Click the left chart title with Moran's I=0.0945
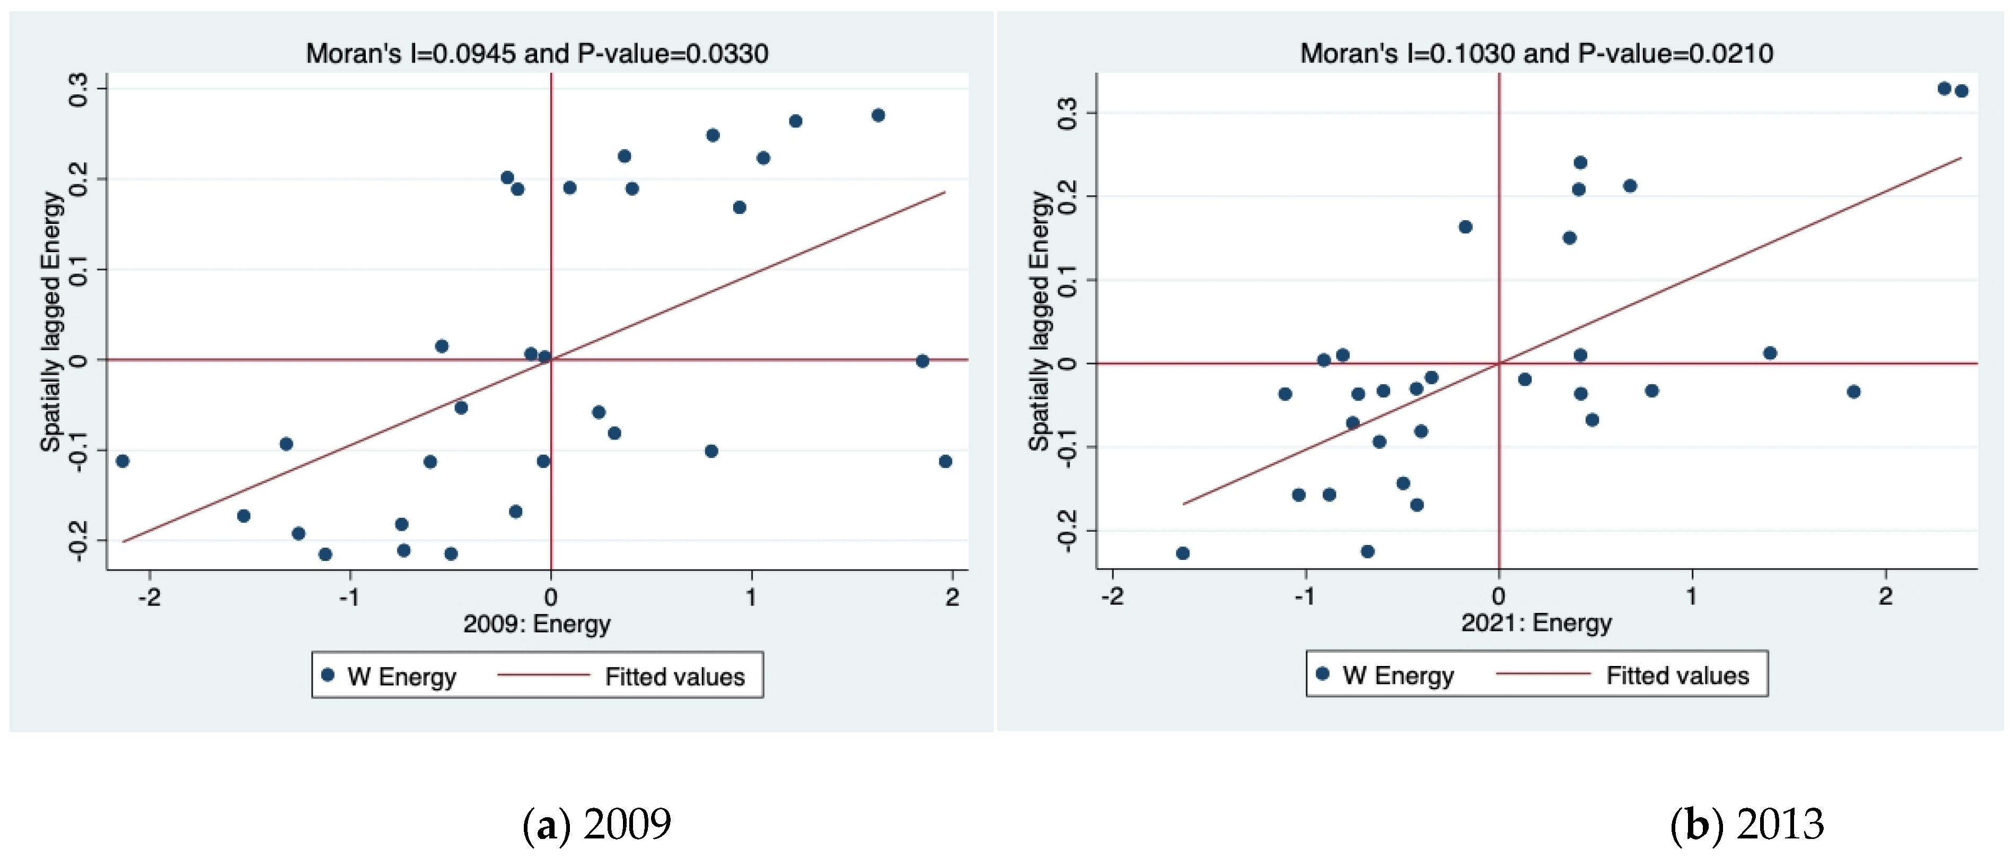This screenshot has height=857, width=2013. [x=537, y=53]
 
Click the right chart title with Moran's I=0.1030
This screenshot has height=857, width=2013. [x=1536, y=53]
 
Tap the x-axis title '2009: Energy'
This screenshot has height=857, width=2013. [x=537, y=624]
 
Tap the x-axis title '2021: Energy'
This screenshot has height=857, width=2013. [x=1536, y=622]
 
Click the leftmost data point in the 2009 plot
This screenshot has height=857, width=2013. [x=122, y=461]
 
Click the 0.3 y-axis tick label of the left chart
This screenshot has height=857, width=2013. [x=78, y=89]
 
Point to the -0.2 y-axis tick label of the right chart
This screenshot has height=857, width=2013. [x=1066, y=532]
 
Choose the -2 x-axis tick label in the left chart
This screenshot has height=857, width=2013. [x=150, y=598]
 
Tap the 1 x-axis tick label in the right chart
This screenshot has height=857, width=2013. [x=1692, y=596]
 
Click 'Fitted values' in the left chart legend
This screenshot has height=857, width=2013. [x=675, y=677]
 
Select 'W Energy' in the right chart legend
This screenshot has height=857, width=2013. [x=1398, y=676]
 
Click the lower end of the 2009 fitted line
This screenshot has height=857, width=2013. [x=122, y=542]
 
